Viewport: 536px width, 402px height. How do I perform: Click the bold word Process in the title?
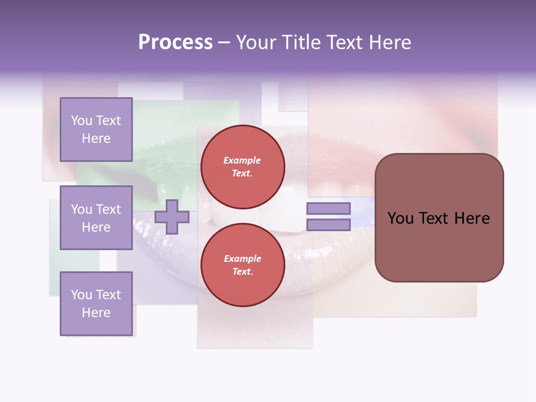pyautogui.click(x=175, y=42)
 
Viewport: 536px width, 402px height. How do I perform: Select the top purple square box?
pyautogui.click(x=96, y=130)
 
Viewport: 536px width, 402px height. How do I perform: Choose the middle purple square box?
pyautogui.click(x=96, y=218)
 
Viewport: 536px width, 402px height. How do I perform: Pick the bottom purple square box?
pyautogui.click(x=96, y=304)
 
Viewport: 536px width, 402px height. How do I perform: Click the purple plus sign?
pyautogui.click(x=172, y=217)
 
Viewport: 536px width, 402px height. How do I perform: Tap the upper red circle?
pyautogui.click(x=243, y=167)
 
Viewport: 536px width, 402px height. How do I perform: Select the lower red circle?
pyautogui.click(x=243, y=265)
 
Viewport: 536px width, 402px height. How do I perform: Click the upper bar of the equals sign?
pyautogui.click(x=328, y=208)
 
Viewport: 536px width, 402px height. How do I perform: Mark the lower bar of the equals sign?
pyautogui.click(x=328, y=225)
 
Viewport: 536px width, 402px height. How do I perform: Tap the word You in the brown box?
pyautogui.click(x=401, y=218)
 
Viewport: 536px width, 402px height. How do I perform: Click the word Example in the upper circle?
pyautogui.click(x=242, y=160)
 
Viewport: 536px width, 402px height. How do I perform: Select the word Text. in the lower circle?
pyautogui.click(x=242, y=272)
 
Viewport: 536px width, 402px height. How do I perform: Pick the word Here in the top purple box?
pyautogui.click(x=96, y=138)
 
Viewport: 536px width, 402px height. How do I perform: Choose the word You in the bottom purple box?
pyautogui.click(x=81, y=295)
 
